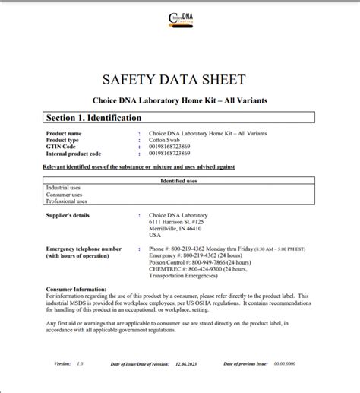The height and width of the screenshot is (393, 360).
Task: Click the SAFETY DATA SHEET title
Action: pos(179,81)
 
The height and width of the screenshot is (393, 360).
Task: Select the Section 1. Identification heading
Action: pos(93,118)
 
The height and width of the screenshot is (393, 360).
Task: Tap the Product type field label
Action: pos(64,140)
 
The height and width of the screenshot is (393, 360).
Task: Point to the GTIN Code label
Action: pos(62,147)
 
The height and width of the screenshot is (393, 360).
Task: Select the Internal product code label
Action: pos(74,154)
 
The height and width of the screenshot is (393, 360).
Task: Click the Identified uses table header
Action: pos(179,181)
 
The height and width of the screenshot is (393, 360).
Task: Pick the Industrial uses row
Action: pos(64,188)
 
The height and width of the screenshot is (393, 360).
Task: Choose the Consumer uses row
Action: pos(64,195)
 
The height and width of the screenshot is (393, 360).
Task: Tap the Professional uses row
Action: pos(66,201)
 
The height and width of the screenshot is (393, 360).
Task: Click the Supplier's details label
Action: pos(69,215)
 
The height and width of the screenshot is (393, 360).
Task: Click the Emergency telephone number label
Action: pos(84,249)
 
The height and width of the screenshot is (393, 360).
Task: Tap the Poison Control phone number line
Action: pos(192,262)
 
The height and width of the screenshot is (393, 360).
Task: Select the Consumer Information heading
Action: pos(77,290)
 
